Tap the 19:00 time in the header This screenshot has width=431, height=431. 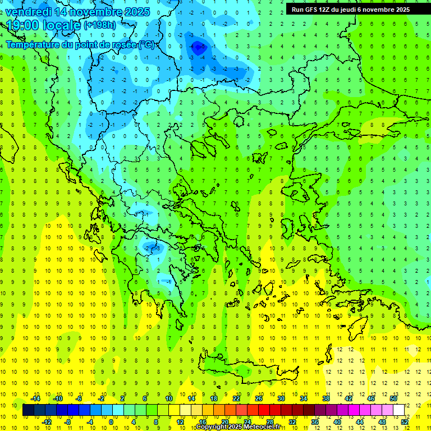coord(22,25)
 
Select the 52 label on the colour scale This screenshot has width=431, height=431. coord(405,421)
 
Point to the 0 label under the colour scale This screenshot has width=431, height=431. coord(111,421)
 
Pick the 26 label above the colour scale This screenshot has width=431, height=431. coord(259,398)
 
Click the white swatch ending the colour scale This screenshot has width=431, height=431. coord(399,410)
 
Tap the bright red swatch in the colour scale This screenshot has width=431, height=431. coord(264,410)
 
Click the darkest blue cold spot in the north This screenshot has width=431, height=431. coord(198,49)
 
